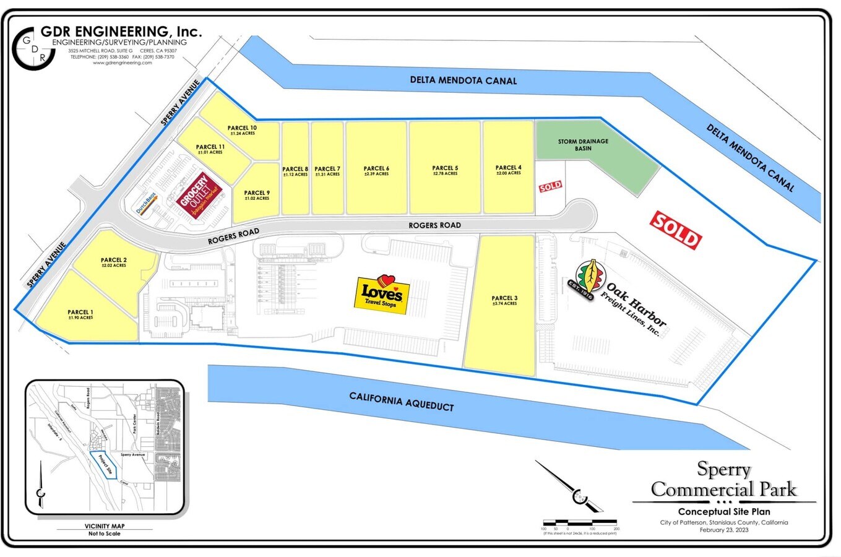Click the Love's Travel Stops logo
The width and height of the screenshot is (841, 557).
click(x=382, y=295)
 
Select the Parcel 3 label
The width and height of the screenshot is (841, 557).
click(x=504, y=300)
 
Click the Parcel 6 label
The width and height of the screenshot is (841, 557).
click(x=376, y=170)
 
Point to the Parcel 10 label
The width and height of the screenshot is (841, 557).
click(x=242, y=130)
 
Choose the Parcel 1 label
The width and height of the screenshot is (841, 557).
click(x=80, y=314)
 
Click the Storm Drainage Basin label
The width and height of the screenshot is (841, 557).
click(x=583, y=145)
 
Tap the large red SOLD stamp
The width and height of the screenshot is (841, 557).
click(x=676, y=230)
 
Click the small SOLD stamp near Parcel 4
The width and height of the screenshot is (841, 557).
click(x=550, y=186)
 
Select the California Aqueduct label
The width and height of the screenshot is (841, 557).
click(x=401, y=401)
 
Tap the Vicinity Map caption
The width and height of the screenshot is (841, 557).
click(x=105, y=526)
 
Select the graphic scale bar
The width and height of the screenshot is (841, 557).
click(x=580, y=523)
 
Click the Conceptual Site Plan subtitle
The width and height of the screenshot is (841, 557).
click(x=724, y=512)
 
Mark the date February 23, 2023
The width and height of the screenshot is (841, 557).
click(x=724, y=530)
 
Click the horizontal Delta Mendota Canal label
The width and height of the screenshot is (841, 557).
click(x=463, y=80)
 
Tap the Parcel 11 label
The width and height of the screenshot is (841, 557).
click(x=210, y=149)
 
